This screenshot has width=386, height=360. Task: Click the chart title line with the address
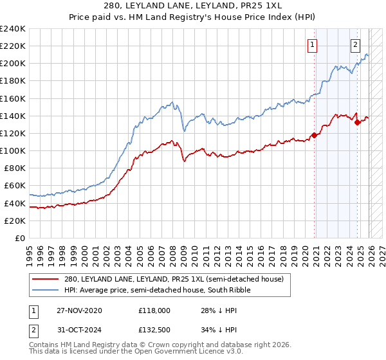[193, 6]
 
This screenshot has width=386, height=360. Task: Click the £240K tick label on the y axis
[13, 29]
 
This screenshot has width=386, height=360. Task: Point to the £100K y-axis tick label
[13, 150]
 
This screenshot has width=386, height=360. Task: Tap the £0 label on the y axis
[20, 238]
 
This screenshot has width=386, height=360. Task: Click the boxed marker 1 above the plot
[312, 44]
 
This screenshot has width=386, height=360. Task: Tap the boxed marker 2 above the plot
[355, 44]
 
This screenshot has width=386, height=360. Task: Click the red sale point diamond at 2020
[315, 135]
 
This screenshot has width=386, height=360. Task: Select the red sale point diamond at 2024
[358, 122]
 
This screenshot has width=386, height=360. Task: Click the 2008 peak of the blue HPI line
[172, 102]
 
